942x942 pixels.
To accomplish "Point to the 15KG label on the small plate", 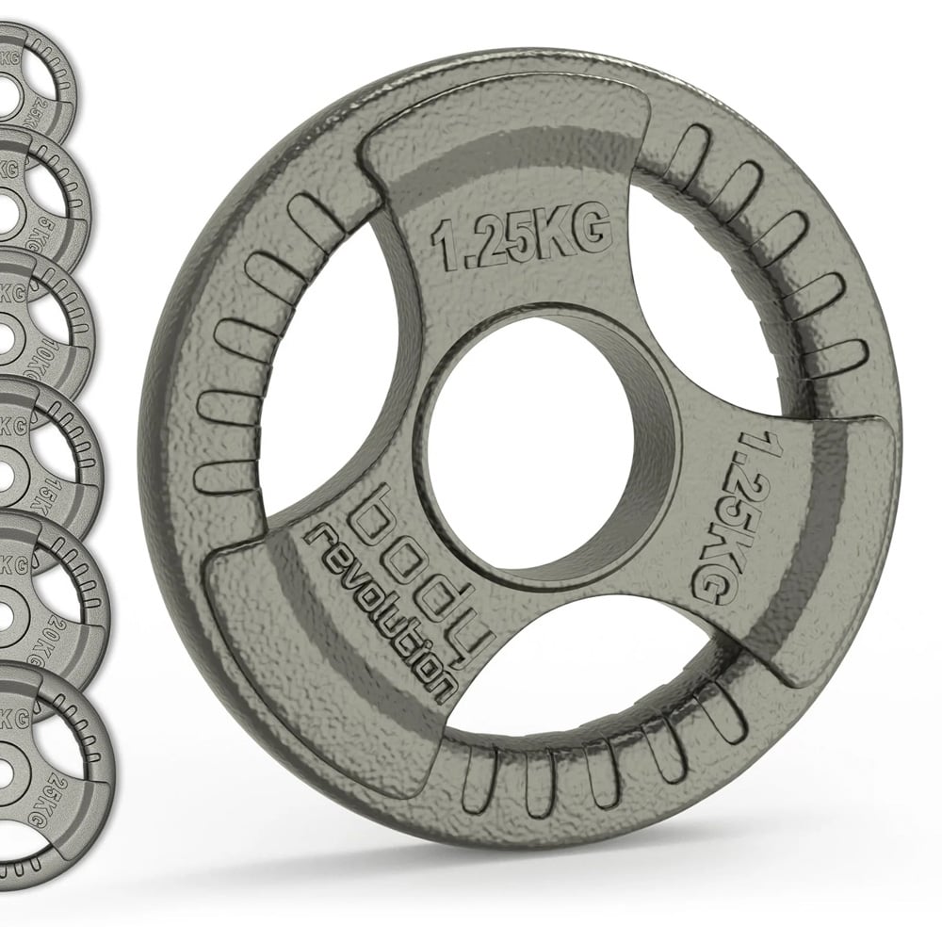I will point(76,486).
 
